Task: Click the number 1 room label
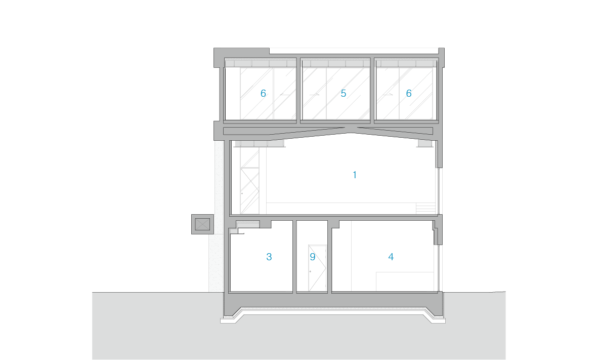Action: pos(355,175)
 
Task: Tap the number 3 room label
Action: pos(269,257)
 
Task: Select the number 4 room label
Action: pos(391,257)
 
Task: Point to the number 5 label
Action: pos(344,93)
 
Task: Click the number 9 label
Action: pos(313,257)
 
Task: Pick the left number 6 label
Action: pos(263,93)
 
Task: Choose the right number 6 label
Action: pos(409,93)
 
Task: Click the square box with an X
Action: pos(202,224)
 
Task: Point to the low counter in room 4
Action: pos(405,282)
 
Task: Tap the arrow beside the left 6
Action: pos(285,95)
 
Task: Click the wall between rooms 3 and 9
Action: pos(294,256)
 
